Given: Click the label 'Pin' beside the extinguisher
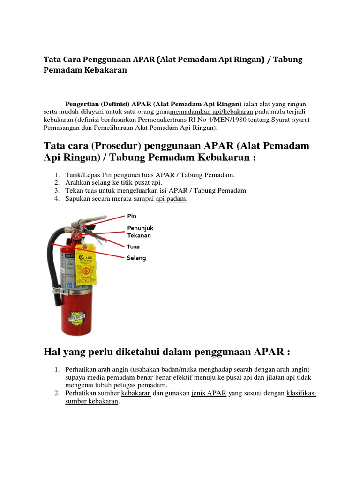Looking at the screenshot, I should pyautogui.click(x=131, y=216).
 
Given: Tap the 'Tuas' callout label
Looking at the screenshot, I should pyautogui.click(x=133, y=247).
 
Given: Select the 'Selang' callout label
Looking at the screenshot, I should pyautogui.click(x=136, y=258).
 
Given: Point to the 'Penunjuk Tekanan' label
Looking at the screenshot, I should pyautogui.click(x=140, y=232).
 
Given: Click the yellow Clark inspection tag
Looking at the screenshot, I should pyautogui.click(x=86, y=265).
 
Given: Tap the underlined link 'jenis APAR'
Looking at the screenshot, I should pyautogui.click(x=209, y=394).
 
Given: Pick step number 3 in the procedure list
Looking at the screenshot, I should pyautogui.click(x=56, y=191).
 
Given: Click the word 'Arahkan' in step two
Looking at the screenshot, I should pyautogui.click(x=76, y=183).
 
